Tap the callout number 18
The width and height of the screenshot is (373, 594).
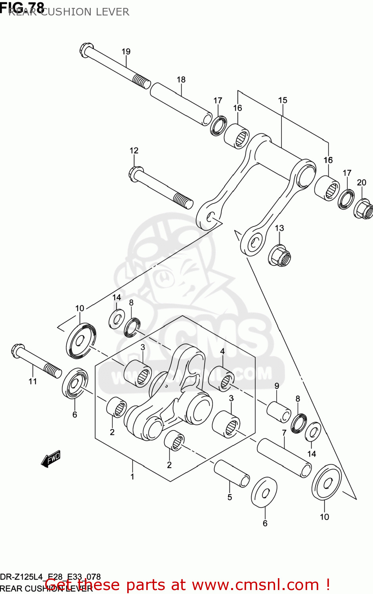(x=181, y=80)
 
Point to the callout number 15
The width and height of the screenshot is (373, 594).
(x=282, y=100)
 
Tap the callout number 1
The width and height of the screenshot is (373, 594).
(x=132, y=476)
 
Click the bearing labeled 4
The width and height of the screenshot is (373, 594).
(x=221, y=378)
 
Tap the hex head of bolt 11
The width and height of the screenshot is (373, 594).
(x=18, y=350)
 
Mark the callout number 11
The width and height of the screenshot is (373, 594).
(x=33, y=381)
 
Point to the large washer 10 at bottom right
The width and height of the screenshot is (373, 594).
(x=326, y=483)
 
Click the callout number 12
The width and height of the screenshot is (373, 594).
(x=134, y=150)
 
